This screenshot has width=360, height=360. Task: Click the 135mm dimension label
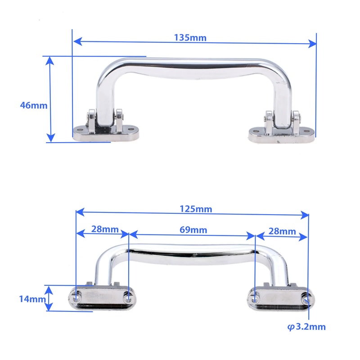[190, 37]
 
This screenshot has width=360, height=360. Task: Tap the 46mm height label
[33, 105]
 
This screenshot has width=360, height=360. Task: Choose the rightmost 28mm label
[282, 231]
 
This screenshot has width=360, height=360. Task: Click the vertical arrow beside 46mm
[50, 99]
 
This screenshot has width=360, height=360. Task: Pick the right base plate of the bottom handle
[280, 299]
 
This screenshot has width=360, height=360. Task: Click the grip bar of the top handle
[191, 68]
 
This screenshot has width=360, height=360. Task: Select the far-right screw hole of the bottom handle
[307, 298]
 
